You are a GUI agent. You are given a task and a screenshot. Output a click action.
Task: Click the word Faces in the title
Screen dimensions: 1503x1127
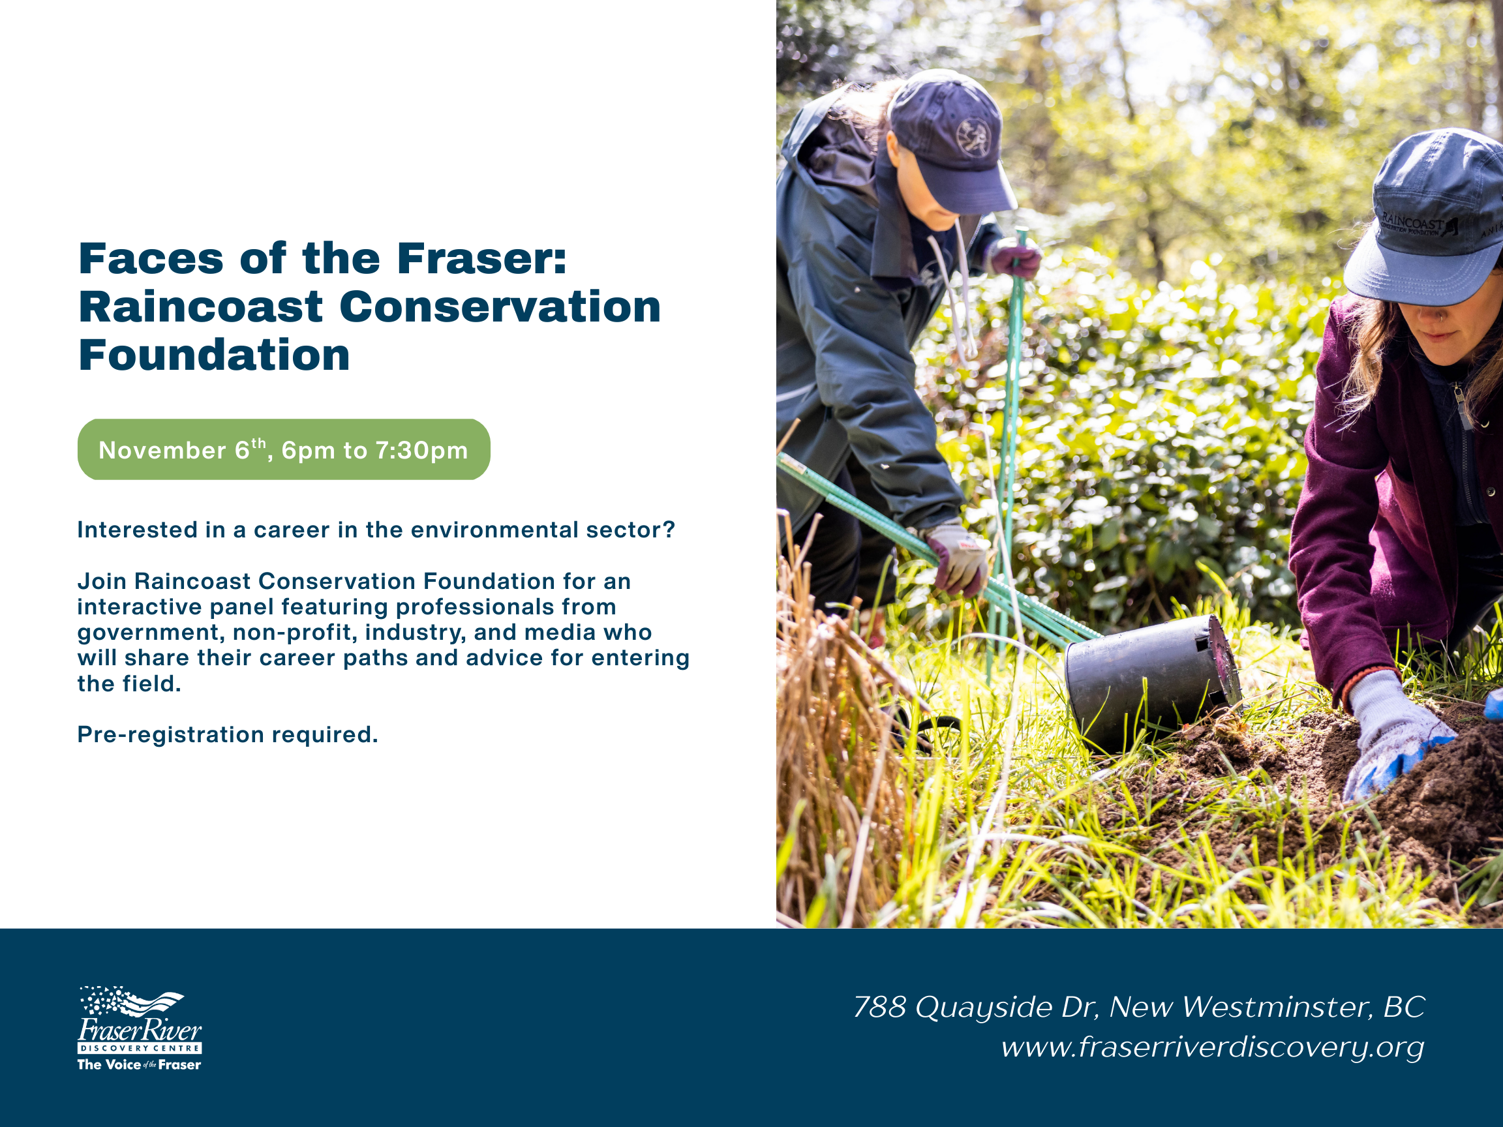click(x=151, y=259)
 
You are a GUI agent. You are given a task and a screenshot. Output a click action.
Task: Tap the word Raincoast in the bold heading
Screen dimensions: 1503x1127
click(x=200, y=307)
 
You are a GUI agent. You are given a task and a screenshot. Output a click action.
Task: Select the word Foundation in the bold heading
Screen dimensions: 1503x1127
click(x=214, y=355)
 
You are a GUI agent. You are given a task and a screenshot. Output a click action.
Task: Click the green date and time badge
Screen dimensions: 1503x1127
click(x=284, y=450)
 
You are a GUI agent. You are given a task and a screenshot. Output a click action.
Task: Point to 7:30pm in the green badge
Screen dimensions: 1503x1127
click(x=421, y=451)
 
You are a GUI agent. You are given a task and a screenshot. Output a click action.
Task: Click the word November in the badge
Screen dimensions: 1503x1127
click(x=162, y=451)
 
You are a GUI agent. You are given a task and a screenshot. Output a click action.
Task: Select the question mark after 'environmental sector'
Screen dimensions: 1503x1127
click(x=669, y=530)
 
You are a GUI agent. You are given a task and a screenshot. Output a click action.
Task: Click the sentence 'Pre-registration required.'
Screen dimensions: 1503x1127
click(x=228, y=734)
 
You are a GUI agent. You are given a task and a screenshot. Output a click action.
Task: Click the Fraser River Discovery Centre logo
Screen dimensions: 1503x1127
click(x=140, y=1029)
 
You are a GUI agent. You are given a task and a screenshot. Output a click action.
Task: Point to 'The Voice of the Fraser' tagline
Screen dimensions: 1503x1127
click(x=140, y=1064)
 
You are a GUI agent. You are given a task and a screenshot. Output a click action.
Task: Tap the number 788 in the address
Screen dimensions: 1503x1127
click(x=880, y=1007)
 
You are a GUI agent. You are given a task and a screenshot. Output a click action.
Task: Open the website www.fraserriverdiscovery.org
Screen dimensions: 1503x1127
click(x=1213, y=1047)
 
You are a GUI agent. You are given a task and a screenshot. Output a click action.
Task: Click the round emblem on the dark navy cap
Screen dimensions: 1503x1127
click(x=973, y=137)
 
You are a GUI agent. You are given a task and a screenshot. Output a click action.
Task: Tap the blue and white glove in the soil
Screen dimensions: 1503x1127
click(x=1399, y=736)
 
